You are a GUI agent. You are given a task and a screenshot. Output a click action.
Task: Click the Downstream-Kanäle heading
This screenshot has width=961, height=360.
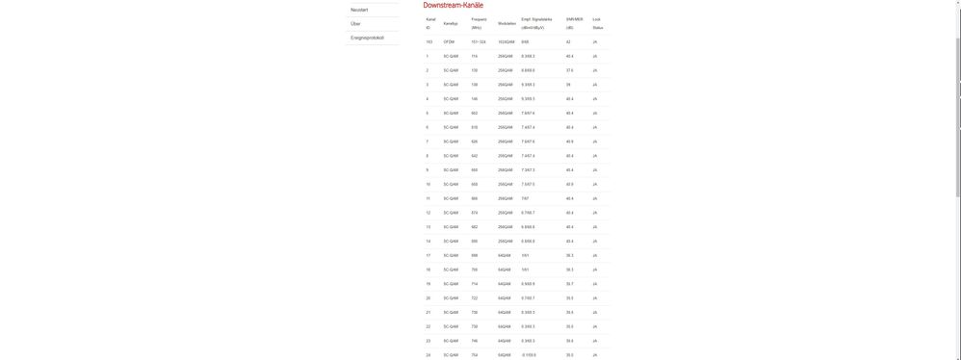453,6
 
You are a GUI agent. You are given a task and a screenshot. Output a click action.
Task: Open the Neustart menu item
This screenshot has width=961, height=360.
359,10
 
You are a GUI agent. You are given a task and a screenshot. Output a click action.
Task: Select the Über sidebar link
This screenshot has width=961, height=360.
356,24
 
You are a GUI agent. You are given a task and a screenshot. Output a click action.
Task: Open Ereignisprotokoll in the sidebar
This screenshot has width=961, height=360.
367,38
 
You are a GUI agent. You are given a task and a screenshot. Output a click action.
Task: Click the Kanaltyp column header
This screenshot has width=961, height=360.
451,23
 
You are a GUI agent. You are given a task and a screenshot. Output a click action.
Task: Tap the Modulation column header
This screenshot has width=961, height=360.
507,23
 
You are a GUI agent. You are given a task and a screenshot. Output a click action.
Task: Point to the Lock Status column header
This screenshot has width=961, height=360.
597,23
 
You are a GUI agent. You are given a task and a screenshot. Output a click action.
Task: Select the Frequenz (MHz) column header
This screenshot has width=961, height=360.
479,23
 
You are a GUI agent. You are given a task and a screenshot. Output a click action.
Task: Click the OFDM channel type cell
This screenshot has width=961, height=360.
449,42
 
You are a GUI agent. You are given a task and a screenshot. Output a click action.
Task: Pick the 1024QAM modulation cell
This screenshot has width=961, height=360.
506,42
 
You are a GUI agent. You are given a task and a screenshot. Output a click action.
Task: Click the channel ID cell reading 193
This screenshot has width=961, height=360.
429,42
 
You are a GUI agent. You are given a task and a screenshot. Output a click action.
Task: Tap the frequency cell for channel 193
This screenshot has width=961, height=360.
479,42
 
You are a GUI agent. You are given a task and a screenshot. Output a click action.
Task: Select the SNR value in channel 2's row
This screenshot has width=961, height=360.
569,70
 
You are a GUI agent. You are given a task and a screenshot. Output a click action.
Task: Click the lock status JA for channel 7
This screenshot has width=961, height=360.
595,141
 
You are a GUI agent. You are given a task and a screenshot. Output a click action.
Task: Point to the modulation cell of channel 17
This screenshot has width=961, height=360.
505,255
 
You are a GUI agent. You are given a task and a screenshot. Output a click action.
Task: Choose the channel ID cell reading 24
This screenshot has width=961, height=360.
429,355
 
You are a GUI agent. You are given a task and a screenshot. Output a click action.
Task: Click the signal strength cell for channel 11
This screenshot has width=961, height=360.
526,198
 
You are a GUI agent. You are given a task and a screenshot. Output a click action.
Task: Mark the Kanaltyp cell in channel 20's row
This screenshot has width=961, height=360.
451,298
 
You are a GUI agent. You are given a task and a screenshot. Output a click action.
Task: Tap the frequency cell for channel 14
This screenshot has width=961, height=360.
475,242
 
